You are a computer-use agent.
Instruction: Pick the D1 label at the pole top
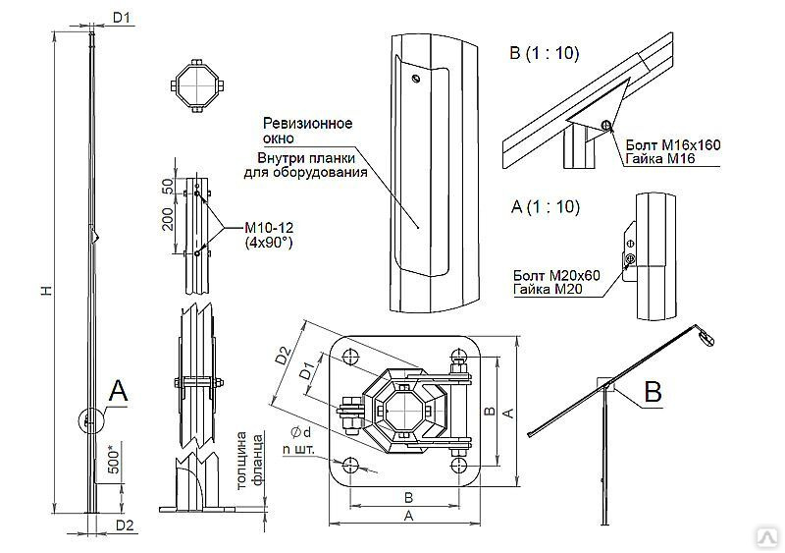(x=123, y=17)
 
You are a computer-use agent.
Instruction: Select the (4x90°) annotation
(x=263, y=244)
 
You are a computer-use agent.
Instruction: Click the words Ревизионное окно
(x=307, y=132)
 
